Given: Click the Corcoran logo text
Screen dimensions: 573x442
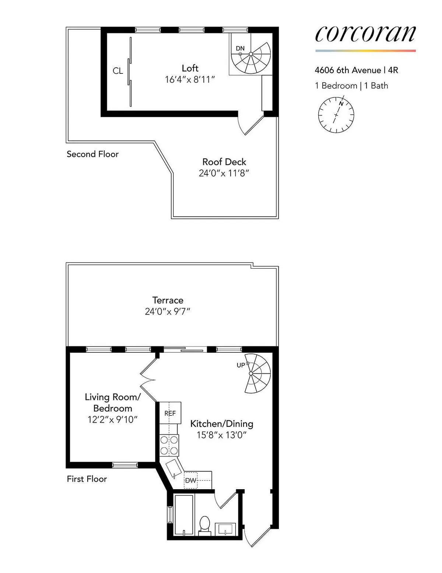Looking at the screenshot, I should [x=365, y=34].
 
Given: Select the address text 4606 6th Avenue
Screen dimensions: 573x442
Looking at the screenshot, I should [x=348, y=70].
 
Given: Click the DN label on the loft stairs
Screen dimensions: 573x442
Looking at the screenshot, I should [x=240, y=48].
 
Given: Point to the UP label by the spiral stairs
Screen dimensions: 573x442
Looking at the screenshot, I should [x=241, y=365].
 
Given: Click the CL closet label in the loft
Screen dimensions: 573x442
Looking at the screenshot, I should [x=118, y=71].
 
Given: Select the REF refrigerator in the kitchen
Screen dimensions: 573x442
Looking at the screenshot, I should [x=170, y=413].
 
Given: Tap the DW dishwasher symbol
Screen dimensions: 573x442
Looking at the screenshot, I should [x=190, y=480].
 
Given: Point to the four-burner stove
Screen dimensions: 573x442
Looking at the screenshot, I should [x=169, y=445].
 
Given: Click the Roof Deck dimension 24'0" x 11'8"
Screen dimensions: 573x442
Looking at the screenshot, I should [x=224, y=173].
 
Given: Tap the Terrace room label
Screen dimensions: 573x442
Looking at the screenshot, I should [x=168, y=300].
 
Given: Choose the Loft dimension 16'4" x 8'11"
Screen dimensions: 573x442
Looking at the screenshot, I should [x=190, y=80].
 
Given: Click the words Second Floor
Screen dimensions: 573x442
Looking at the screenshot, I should [x=93, y=154].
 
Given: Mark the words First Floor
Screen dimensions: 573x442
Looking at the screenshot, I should [x=87, y=479].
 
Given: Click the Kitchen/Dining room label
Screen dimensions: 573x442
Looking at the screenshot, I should [x=222, y=424].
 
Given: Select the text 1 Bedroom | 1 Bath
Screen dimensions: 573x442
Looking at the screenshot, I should [x=351, y=86].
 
